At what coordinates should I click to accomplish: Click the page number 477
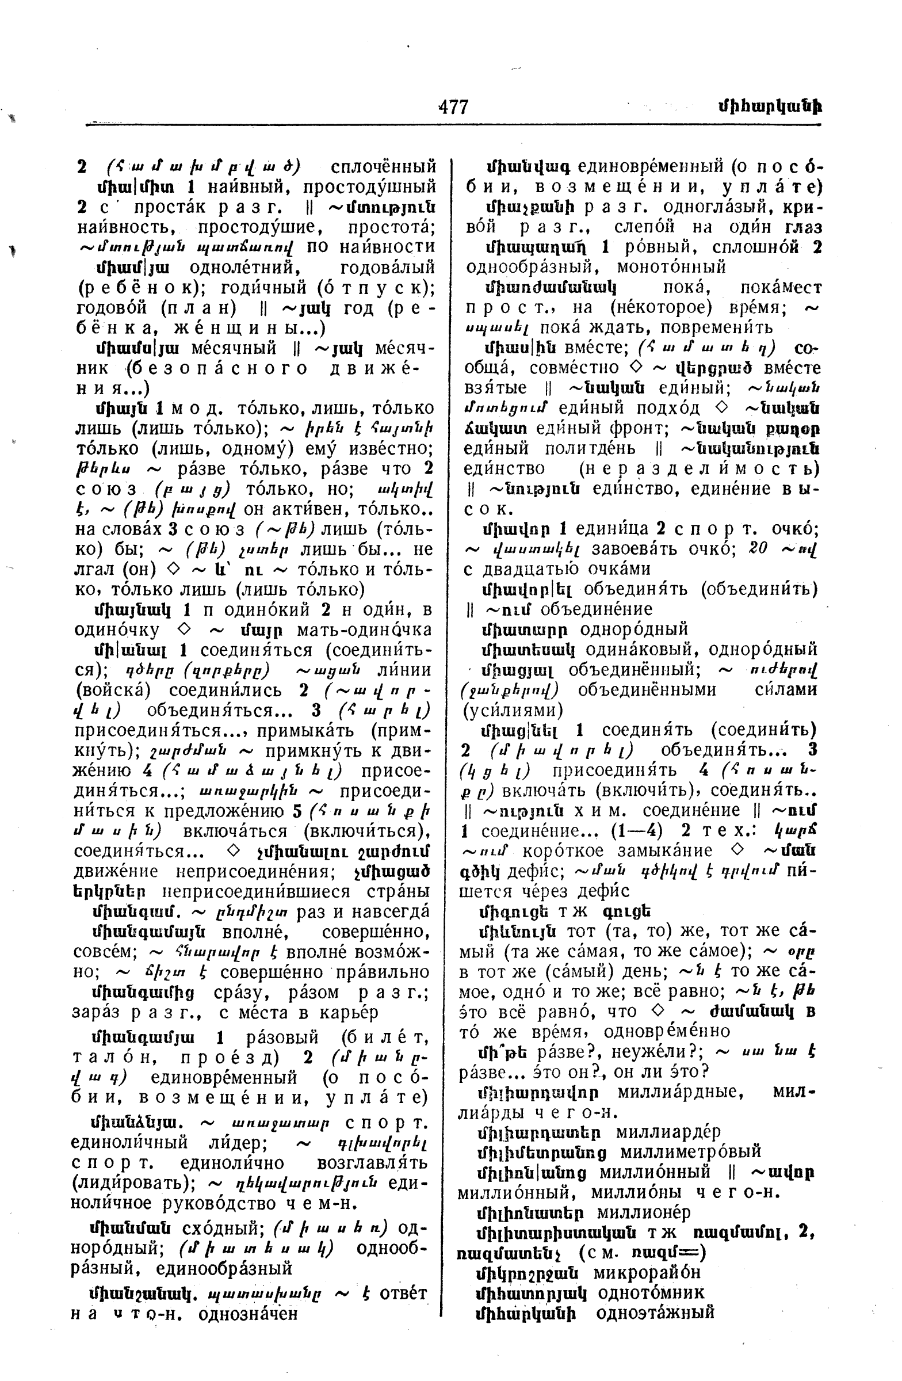[x=453, y=107]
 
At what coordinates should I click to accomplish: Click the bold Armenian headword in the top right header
[x=769, y=107]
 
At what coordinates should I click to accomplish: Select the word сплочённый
[x=383, y=167]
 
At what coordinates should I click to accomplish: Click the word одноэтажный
[x=655, y=1313]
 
